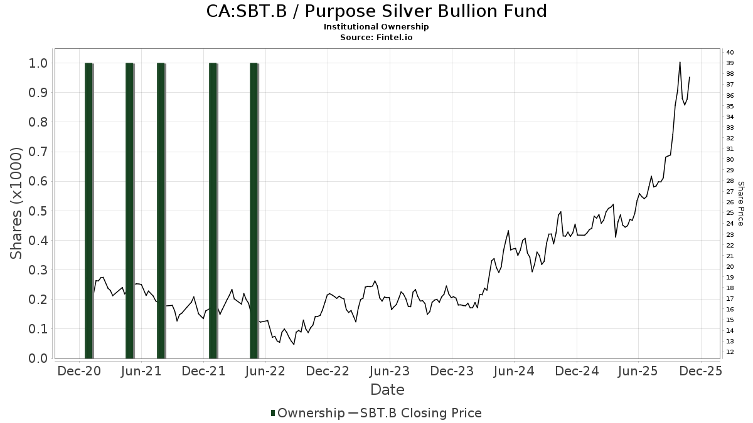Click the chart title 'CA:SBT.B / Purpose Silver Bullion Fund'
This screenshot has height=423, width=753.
coord(376,11)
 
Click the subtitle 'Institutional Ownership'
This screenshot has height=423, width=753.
coord(376,27)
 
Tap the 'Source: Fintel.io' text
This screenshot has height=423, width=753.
coord(376,37)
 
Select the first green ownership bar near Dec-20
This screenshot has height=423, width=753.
coord(88,210)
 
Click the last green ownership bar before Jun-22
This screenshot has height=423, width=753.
coord(254,210)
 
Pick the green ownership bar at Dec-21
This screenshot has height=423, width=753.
coord(213,210)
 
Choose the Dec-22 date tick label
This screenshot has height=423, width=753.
coord(328,371)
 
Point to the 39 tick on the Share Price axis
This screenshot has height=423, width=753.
coord(730,63)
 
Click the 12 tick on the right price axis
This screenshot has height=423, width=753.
coord(730,352)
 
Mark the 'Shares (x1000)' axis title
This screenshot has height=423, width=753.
coord(18,204)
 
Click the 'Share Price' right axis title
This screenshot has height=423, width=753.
coord(741,204)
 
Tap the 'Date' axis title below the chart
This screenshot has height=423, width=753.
coord(387,390)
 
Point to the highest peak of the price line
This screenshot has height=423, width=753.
coord(680,62)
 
